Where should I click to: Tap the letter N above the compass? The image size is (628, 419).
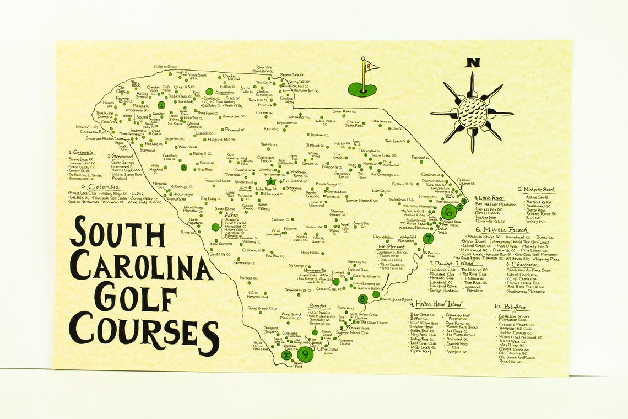[x=472, y=63]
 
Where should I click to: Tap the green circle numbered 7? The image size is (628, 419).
[x=428, y=238]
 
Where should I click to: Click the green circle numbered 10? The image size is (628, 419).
[x=287, y=355]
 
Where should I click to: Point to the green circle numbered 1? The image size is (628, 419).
[x=161, y=104]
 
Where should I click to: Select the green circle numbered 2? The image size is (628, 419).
[x=183, y=167]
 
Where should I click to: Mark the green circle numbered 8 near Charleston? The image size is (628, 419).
[x=362, y=299]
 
